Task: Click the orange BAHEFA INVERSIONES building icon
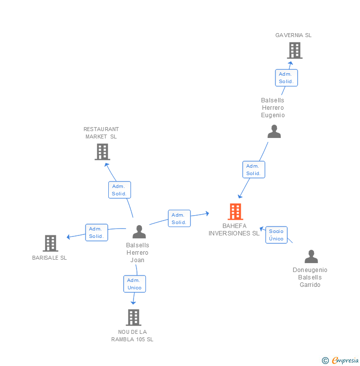[235, 212]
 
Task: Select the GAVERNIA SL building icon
[295, 50]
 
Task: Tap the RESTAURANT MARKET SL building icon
[102, 152]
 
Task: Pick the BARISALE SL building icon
[50, 243]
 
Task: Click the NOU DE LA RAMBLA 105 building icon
[134, 318]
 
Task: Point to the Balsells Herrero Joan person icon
[139, 231]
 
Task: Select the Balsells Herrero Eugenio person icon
[274, 132]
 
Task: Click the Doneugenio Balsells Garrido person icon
[311, 256]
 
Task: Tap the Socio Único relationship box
[276, 235]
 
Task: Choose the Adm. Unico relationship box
[135, 284]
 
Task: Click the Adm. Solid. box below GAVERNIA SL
[286, 78]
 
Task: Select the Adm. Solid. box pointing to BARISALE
[96, 232]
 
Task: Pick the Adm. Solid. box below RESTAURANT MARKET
[120, 190]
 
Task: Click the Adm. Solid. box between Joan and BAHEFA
[179, 219]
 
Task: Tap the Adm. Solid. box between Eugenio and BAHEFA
[254, 170]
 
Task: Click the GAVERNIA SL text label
[293, 35]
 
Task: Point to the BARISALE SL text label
[49, 258]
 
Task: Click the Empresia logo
[345, 360]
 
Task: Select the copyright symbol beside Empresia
[325, 361]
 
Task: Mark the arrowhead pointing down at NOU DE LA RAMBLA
[133, 303]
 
